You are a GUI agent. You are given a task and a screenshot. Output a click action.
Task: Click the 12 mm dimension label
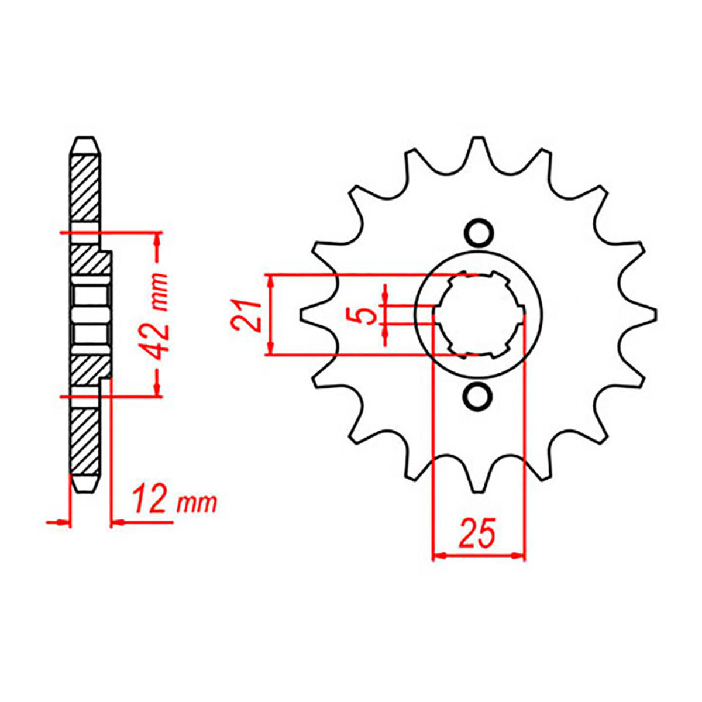[173, 501]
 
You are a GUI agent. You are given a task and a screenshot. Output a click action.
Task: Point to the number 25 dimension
[478, 532]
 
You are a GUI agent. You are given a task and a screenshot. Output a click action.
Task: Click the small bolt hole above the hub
[478, 232]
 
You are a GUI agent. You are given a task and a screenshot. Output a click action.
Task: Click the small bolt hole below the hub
[478, 396]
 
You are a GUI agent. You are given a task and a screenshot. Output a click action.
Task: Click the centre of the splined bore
[478, 315]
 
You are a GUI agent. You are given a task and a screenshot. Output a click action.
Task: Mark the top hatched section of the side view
[85, 187]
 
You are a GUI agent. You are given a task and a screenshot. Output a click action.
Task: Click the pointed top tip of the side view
[85, 140]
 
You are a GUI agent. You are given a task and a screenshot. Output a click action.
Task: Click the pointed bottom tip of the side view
[85, 491]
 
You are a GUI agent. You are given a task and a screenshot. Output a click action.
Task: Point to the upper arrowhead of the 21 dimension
[270, 280]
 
